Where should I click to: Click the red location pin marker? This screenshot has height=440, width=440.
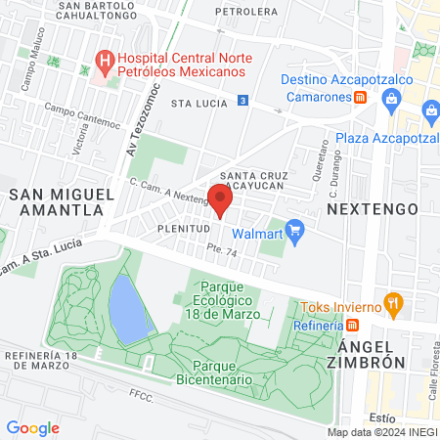click(x=220, y=199)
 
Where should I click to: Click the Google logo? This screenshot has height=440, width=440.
click(x=32, y=427)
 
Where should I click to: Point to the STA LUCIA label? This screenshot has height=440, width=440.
click(x=198, y=102)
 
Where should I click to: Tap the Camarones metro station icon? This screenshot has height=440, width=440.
click(x=360, y=97)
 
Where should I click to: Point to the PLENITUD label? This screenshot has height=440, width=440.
click(x=184, y=228)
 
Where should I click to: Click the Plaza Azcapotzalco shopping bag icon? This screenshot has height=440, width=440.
click(x=391, y=98)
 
